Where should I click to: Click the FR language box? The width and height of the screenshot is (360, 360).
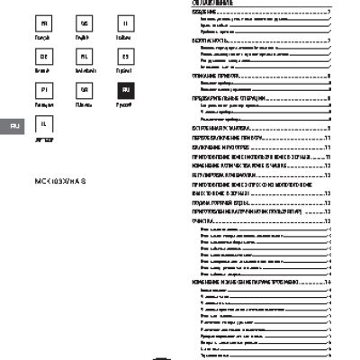(46, 22)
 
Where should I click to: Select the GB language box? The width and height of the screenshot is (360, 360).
(85, 22)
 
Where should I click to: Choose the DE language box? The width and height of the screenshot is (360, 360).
(46, 56)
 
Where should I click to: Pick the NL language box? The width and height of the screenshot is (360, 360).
(85, 56)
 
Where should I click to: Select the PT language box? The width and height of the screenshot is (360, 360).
(46, 90)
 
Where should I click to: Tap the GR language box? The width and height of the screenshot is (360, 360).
(85, 90)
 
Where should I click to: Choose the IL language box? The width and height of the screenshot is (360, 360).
(46, 124)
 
